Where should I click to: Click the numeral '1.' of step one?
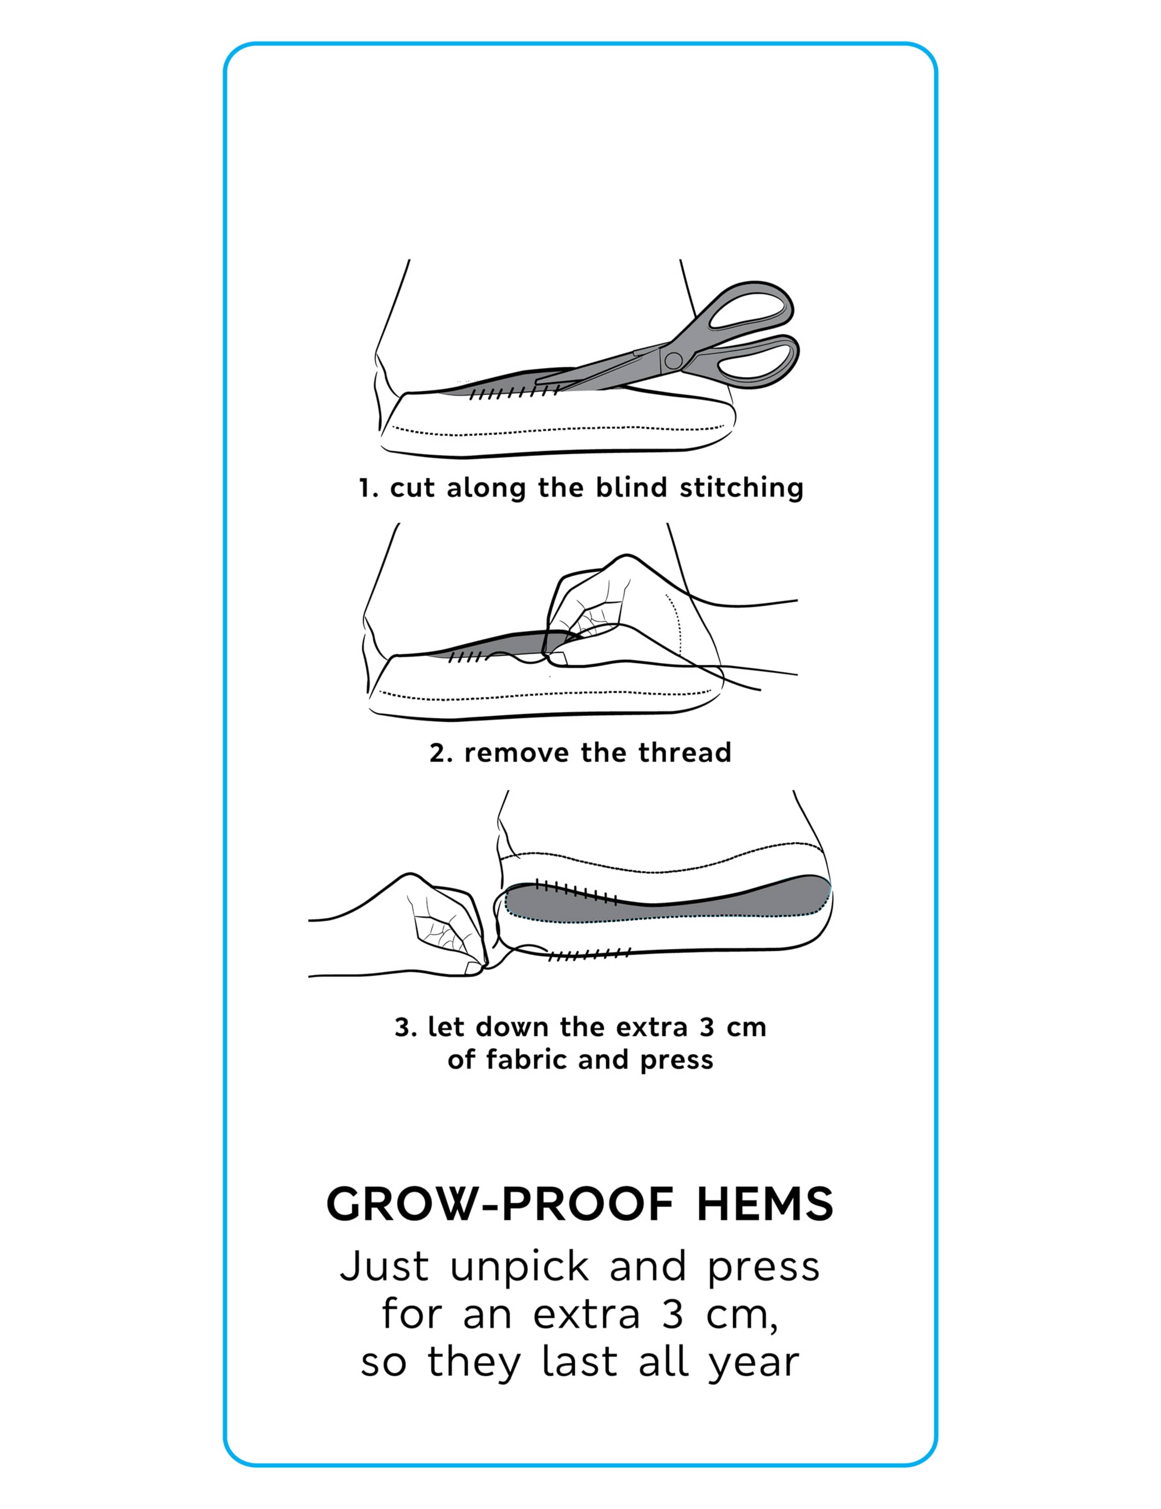[368, 488]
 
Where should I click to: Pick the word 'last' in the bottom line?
[580, 1362]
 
